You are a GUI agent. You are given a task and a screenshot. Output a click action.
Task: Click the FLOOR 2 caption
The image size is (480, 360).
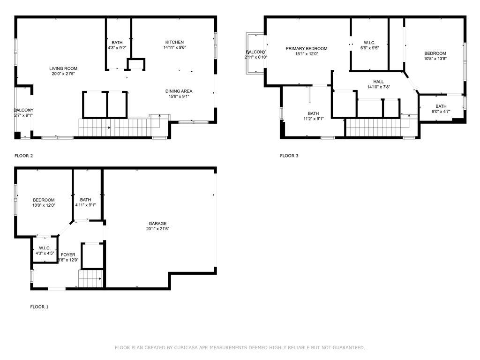pos(23,156)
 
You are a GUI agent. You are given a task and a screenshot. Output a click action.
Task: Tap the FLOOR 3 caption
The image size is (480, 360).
pos(289,156)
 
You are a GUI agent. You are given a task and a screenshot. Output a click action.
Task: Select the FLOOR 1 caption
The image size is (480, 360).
pos(39,307)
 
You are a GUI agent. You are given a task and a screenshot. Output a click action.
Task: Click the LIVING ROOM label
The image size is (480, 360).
pos(63,68)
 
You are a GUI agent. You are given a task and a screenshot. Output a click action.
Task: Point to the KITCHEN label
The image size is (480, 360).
pos(174,42)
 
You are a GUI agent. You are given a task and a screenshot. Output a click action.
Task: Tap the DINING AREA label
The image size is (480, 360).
pos(179,91)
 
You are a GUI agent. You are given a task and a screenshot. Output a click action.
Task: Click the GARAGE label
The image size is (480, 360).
pos(157,224)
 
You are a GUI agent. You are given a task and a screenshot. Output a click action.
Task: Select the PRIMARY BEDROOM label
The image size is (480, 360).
pos(307,48)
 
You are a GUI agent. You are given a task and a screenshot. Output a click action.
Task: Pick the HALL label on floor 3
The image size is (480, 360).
pos(378,82)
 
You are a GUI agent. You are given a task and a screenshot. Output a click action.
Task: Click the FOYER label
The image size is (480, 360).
pos(68,255)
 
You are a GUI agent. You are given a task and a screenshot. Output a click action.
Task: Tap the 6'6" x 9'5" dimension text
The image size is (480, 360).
pos(369,48)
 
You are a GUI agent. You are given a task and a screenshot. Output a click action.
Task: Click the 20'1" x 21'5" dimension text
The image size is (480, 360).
pos(157,229)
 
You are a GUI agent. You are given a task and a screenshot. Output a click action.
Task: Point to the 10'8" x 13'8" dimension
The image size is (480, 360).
pos(435,59)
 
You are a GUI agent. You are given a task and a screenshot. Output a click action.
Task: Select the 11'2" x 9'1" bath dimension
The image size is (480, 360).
pos(314,119)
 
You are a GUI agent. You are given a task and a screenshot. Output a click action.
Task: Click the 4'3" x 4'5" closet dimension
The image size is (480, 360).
pos(45,253)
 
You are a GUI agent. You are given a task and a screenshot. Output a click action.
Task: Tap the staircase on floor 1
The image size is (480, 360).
pos(90,278)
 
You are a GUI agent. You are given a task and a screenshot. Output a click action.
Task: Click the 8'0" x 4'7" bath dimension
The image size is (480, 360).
pos(441,112)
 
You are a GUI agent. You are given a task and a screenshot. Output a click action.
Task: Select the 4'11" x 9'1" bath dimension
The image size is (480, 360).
pos(85,205)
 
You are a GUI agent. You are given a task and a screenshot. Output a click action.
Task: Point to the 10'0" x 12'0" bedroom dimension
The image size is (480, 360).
pos(44,205)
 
